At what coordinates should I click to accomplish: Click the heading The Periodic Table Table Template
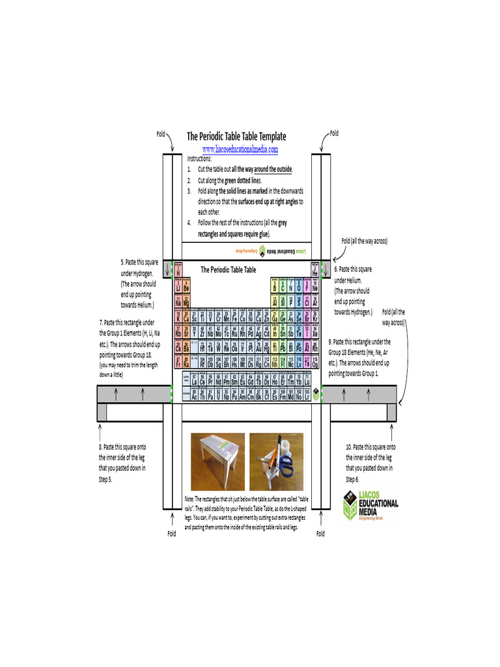(236, 136)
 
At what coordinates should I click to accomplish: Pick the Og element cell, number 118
(315, 363)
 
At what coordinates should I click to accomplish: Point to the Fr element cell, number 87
(178, 363)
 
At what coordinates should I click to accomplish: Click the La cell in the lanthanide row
(195, 381)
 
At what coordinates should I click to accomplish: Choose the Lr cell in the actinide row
(307, 394)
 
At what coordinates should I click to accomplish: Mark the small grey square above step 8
(102, 412)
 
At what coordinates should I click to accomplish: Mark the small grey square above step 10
(391, 412)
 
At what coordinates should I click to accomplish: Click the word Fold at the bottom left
(172, 533)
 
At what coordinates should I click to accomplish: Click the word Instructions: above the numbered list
(199, 158)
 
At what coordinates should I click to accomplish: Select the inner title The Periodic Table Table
(228, 269)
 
